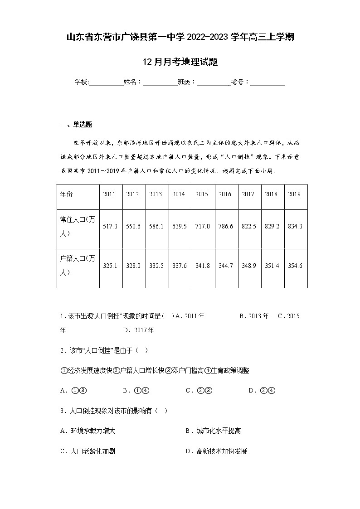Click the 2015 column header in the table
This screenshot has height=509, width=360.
pos(202,194)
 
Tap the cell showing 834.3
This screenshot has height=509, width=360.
pos(295,226)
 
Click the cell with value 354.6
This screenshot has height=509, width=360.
pos(295,266)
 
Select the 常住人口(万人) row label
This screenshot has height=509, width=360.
pos(78,226)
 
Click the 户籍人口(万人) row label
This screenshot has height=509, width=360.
pos(78,265)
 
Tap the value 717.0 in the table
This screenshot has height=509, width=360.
pos(202,226)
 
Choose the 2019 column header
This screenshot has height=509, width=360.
pos(295,194)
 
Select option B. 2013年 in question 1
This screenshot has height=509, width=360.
pos(254,316)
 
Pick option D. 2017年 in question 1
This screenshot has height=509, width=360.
pos(138,330)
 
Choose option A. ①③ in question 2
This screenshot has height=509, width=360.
pos(73,390)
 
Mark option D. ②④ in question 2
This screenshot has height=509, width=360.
pos(262,390)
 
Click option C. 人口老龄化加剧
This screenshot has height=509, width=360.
pos(88,451)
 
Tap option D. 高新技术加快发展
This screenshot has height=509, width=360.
pos(216,451)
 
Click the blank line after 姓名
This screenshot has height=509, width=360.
pos(160,83)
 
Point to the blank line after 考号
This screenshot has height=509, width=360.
pos(268,83)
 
